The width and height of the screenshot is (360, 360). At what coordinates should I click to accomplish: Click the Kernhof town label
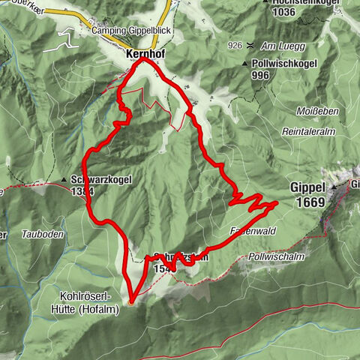pos(141,55)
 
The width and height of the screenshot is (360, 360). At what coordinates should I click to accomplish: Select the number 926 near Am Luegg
pos(235,46)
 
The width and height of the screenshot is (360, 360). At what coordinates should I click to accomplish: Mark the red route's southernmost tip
pos(130,302)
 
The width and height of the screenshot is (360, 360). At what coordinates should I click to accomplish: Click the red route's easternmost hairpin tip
pos(277,202)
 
